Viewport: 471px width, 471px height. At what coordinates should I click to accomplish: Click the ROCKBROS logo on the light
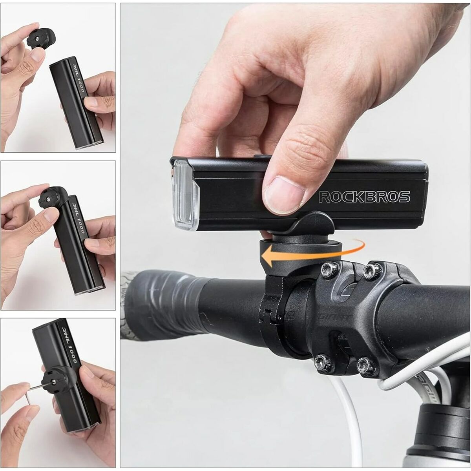[364, 197]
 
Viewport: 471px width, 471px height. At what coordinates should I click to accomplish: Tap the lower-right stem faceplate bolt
[368, 364]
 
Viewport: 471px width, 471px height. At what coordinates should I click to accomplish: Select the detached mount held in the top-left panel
[41, 38]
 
